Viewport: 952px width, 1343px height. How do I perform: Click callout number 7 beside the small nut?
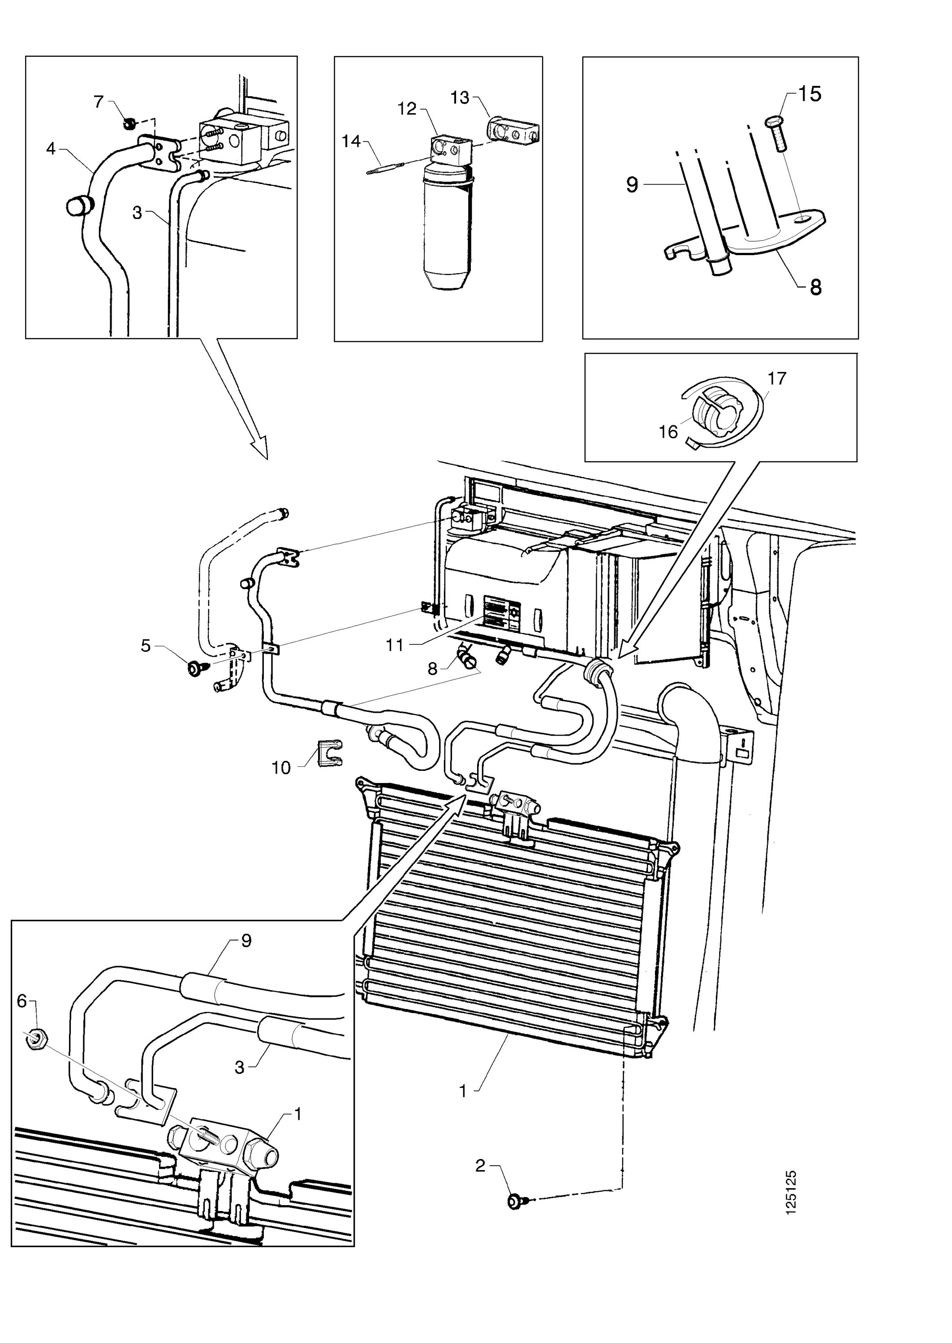[99, 102]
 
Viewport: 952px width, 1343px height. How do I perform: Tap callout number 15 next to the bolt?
[810, 94]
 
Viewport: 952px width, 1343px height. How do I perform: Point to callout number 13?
[460, 98]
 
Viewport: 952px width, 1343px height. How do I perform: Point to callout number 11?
[395, 645]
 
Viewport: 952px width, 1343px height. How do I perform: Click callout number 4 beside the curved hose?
[51, 149]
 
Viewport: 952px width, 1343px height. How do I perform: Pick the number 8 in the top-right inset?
[815, 287]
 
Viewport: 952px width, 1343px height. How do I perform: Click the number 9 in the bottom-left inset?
[246, 941]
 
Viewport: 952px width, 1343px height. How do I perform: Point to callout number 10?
[281, 768]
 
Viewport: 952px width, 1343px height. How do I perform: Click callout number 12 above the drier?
[406, 108]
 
